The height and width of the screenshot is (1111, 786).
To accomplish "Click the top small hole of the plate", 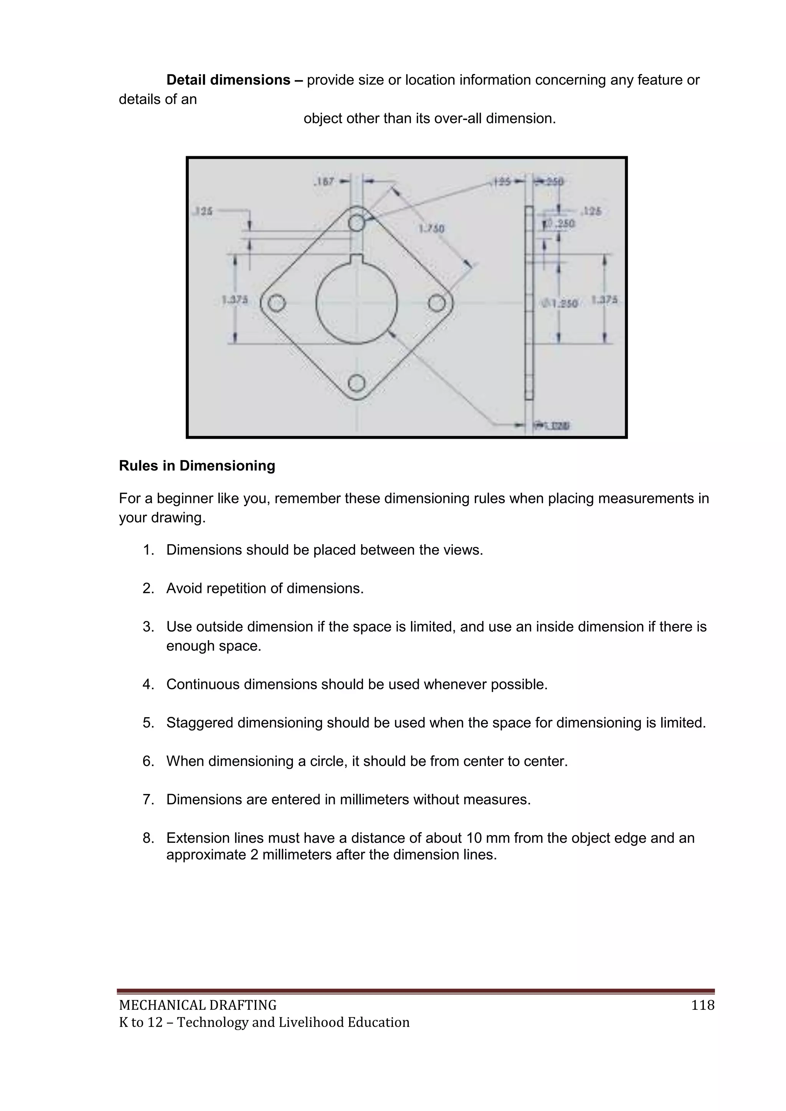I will pos(357,223).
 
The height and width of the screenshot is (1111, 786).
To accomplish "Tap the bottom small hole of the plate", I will pos(357,383).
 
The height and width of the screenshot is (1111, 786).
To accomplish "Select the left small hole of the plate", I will pos(276,304).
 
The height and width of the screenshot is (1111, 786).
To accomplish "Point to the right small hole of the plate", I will pos(436,304).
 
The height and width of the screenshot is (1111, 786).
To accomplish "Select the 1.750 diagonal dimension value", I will pos(431,228).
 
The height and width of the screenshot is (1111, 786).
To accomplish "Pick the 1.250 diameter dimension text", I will pos(560,304).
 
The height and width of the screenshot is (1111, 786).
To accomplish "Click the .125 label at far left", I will pos(203,211).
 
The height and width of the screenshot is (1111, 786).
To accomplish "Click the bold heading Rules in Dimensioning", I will pos(197,466).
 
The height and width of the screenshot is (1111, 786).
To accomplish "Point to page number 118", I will pos(703,1005).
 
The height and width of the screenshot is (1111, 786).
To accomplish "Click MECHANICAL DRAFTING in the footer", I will pos(198,1005).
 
